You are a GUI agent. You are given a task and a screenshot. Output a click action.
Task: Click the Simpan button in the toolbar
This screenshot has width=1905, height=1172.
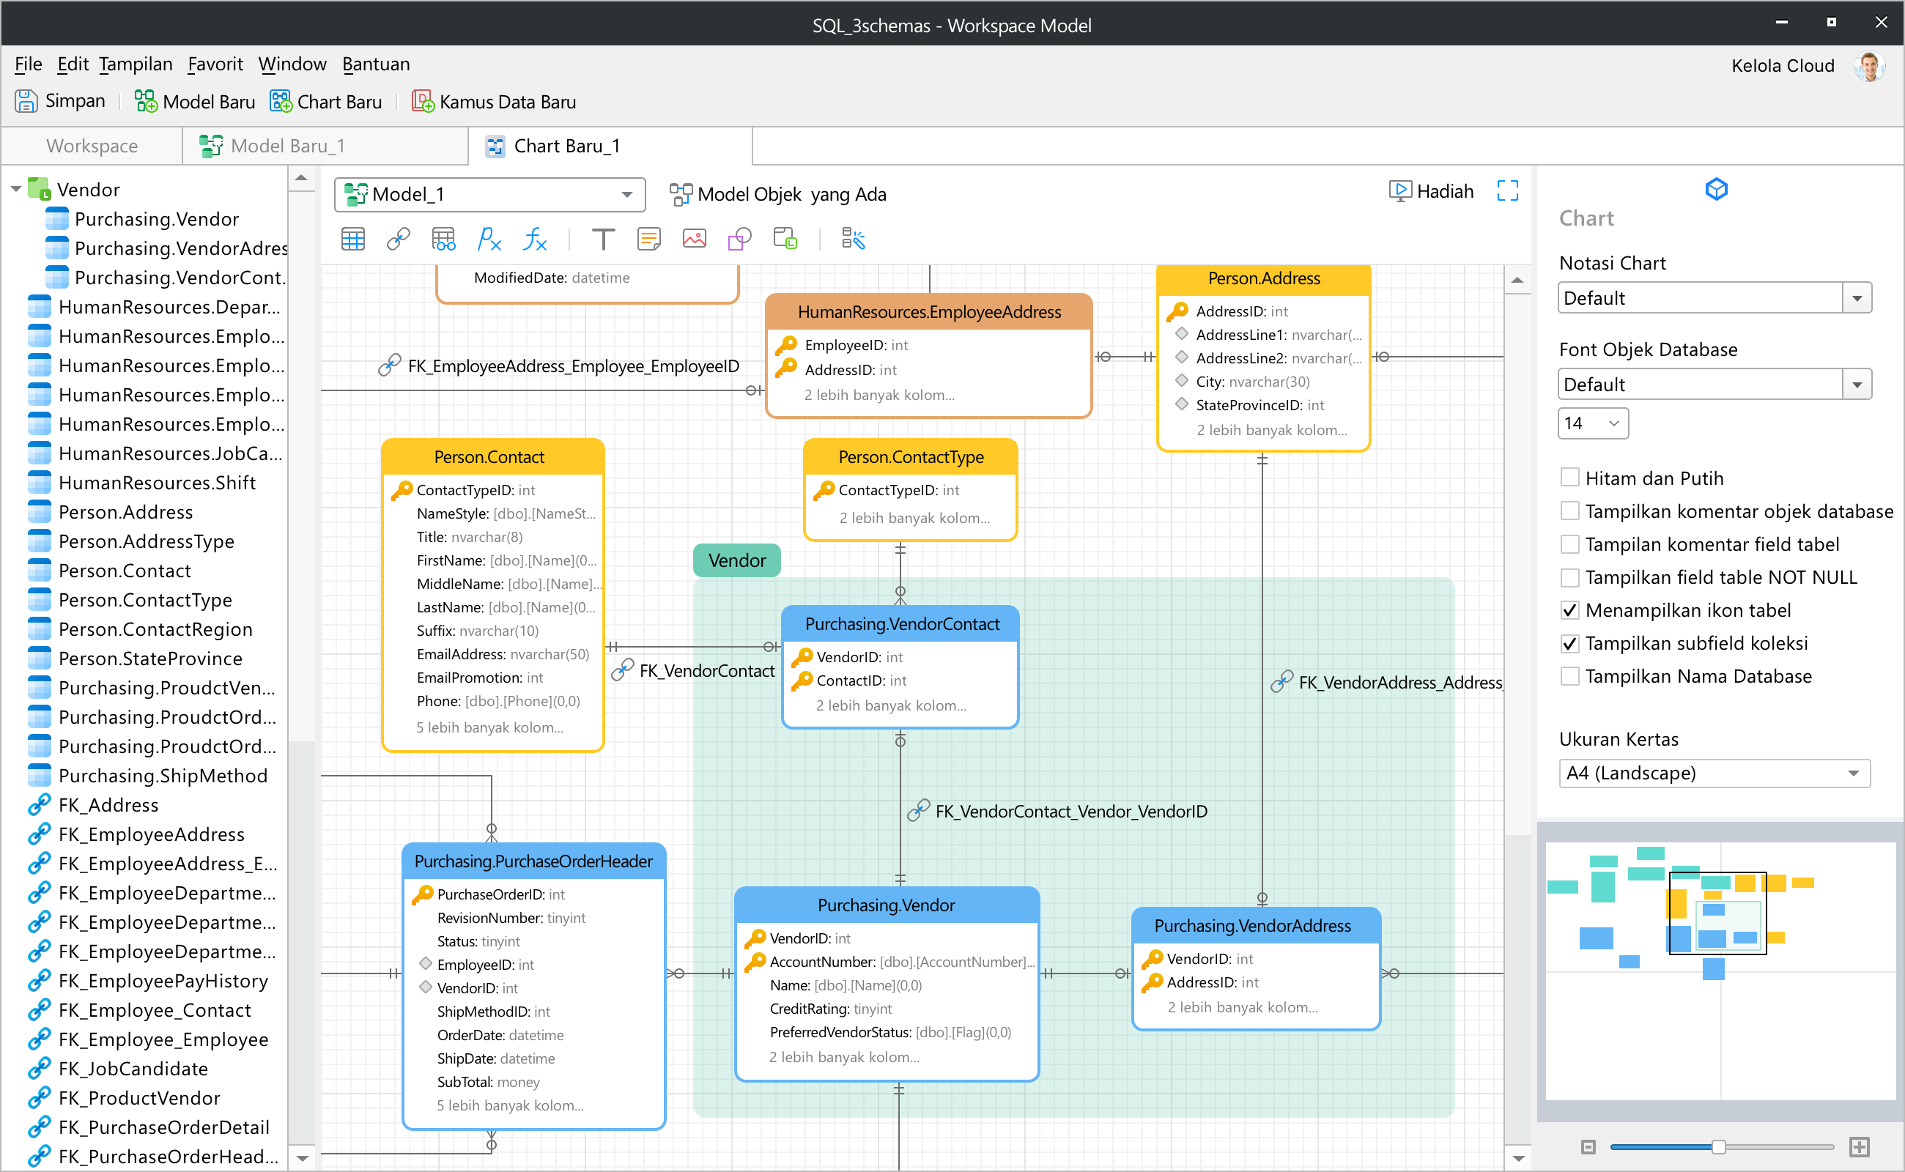(61, 102)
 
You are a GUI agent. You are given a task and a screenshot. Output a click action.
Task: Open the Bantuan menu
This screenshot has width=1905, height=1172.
(376, 64)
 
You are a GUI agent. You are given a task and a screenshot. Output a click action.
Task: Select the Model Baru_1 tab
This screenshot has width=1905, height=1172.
(272, 146)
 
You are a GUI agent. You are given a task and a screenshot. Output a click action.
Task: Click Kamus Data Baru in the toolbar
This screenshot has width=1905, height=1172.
(494, 102)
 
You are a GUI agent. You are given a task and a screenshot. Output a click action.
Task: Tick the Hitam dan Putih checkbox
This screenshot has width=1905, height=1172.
(1569, 478)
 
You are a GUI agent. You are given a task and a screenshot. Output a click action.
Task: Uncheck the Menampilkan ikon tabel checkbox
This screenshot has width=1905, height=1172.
(1569, 610)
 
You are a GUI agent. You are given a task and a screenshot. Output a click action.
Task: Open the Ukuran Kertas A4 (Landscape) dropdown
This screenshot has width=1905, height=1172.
(1714, 773)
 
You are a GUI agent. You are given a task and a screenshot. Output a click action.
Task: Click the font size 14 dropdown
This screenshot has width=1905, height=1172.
(1593, 423)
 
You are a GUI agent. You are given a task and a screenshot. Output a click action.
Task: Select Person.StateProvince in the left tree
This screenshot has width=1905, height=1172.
(149, 659)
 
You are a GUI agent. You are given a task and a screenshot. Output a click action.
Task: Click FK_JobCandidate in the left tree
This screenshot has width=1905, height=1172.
(133, 1069)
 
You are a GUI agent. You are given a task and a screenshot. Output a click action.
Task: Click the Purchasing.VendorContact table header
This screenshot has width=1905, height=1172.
(901, 624)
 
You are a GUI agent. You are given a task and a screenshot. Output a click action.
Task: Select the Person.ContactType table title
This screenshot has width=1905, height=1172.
(911, 457)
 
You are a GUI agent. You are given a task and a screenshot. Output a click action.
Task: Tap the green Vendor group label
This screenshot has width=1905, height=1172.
(736, 560)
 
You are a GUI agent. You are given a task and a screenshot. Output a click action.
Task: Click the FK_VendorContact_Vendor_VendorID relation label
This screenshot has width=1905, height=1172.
(1070, 812)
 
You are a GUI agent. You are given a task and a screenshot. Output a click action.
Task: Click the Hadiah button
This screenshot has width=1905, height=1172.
(1431, 191)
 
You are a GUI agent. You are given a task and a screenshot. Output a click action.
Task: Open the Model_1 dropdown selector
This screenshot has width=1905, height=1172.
(490, 195)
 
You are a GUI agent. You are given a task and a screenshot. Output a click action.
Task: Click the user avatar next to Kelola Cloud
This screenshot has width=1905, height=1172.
(1869, 66)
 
